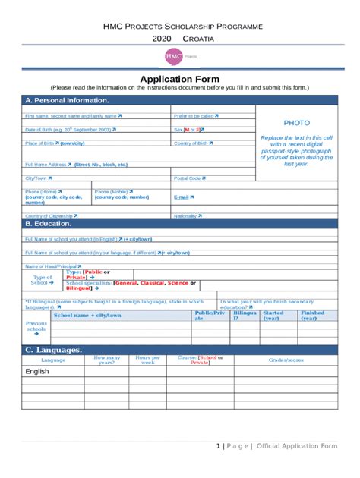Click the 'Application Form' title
tap(179, 79)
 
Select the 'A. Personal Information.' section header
tap(67, 100)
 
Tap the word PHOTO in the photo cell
tap(296, 122)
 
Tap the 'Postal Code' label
tap(189, 178)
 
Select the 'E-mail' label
tap(183, 197)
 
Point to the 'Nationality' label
tap(188, 215)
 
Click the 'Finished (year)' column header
tap(312, 316)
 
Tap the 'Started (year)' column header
tap(273, 316)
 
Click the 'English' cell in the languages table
tap(37, 372)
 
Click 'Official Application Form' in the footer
tap(297, 445)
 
